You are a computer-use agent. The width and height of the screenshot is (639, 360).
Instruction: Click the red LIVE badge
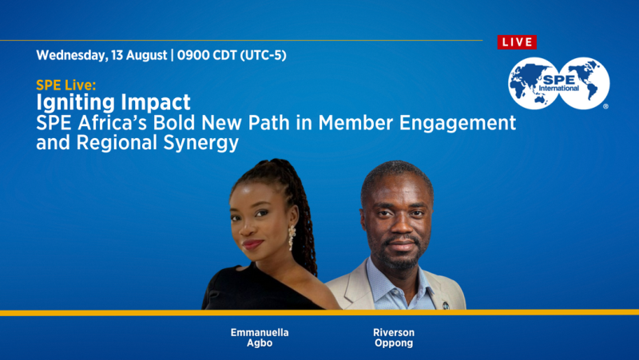[x=517, y=42]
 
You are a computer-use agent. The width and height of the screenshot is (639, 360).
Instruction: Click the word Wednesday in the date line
[x=69, y=56]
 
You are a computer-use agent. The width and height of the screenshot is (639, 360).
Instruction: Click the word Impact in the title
[x=153, y=102]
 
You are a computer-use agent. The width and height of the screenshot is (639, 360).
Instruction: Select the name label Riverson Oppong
[x=394, y=337]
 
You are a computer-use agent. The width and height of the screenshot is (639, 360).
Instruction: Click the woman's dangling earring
[x=292, y=236]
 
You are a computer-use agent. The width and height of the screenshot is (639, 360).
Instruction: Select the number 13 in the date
[x=119, y=56]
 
